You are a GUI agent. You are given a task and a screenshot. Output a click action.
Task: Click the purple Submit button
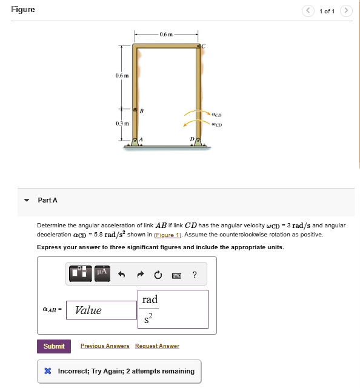[x=54, y=346]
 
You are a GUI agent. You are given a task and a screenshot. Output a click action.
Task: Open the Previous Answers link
[x=105, y=346]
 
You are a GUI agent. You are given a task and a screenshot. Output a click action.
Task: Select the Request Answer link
[x=157, y=346]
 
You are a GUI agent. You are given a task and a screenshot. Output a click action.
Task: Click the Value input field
[x=102, y=310]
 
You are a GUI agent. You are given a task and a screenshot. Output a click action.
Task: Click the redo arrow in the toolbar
[x=139, y=275]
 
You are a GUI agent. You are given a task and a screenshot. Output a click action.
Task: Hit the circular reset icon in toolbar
[x=158, y=275]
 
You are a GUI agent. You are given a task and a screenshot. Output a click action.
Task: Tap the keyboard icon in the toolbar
[x=176, y=275]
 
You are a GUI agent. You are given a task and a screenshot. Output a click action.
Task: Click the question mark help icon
[x=194, y=275]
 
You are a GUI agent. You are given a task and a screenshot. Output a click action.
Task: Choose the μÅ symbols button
[x=101, y=273]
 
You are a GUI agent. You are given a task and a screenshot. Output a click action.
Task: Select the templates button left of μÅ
[x=81, y=273]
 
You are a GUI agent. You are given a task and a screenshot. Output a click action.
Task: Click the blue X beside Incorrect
[x=47, y=371]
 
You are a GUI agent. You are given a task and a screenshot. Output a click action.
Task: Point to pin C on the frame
[x=198, y=46]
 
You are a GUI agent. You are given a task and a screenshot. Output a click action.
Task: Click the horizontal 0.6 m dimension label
[x=166, y=35]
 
